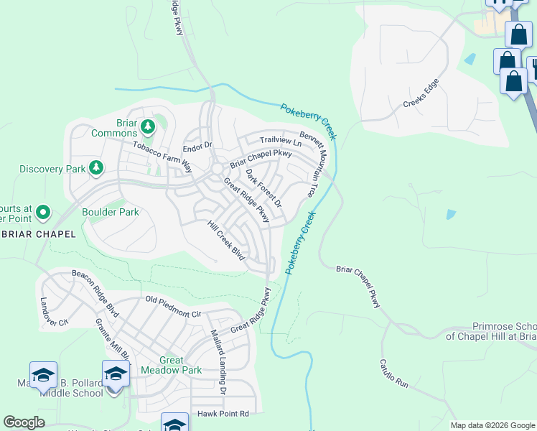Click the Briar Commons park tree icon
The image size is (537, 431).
(148, 127)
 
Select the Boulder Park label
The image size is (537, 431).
(110, 213)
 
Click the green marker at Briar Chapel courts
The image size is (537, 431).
(42, 212)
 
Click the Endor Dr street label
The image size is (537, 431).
(197, 148)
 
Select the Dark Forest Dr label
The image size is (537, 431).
(263, 188)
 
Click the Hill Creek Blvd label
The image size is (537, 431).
(226, 241)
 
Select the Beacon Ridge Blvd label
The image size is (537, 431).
(95, 285)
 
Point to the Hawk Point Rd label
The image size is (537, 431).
(223, 414)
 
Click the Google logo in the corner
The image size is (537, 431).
(24, 422)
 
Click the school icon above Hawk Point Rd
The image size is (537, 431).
(174, 424)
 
